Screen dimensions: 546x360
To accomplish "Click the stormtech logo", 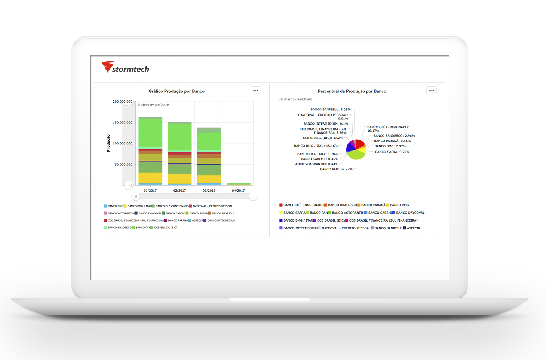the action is coord(125,67).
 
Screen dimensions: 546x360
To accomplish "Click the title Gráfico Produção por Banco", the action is coord(177,91).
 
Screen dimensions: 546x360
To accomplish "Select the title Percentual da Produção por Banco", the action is coord(352,91).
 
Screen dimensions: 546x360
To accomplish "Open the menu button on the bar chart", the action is coord(256,90).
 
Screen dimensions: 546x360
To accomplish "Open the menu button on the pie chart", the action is coord(431,90).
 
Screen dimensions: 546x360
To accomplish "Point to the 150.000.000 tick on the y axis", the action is coord(122,122).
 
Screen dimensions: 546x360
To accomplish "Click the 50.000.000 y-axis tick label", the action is coord(123,164).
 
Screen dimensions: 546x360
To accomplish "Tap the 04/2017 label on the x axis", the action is coord(238,190).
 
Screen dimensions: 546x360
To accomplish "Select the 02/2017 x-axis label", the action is coord(180,190).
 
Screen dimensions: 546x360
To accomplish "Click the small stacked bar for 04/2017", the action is coord(238,184).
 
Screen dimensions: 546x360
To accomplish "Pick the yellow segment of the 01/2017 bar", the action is coord(150,178).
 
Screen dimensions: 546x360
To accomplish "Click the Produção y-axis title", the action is coord(108,143).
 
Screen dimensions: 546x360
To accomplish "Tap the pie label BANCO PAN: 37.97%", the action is coord(336,169).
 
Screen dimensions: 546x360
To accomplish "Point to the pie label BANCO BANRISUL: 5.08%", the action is coord(330,109).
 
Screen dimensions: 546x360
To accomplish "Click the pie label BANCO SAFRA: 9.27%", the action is coord(392,152).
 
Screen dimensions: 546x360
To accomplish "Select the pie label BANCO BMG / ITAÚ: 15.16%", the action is coord(316,146).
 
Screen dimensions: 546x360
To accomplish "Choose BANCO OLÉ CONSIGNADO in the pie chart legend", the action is coord(301,205).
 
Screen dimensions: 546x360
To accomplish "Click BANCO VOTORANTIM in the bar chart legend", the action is coord(119,213).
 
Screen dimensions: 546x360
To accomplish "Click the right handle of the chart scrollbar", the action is coord(253,196).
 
